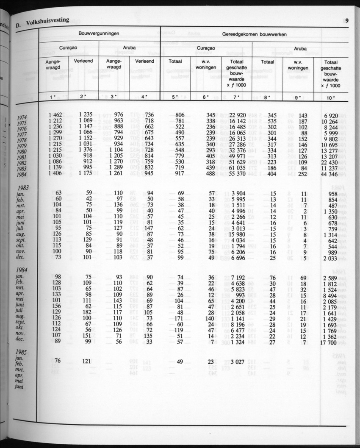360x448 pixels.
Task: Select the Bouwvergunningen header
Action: point(98,33)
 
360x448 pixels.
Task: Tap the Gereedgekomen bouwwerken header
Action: point(254,33)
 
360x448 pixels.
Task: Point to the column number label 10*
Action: point(330,97)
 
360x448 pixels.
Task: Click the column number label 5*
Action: point(175,97)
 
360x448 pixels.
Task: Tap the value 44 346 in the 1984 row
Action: point(330,174)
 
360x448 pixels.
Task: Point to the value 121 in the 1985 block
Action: point(86,361)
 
